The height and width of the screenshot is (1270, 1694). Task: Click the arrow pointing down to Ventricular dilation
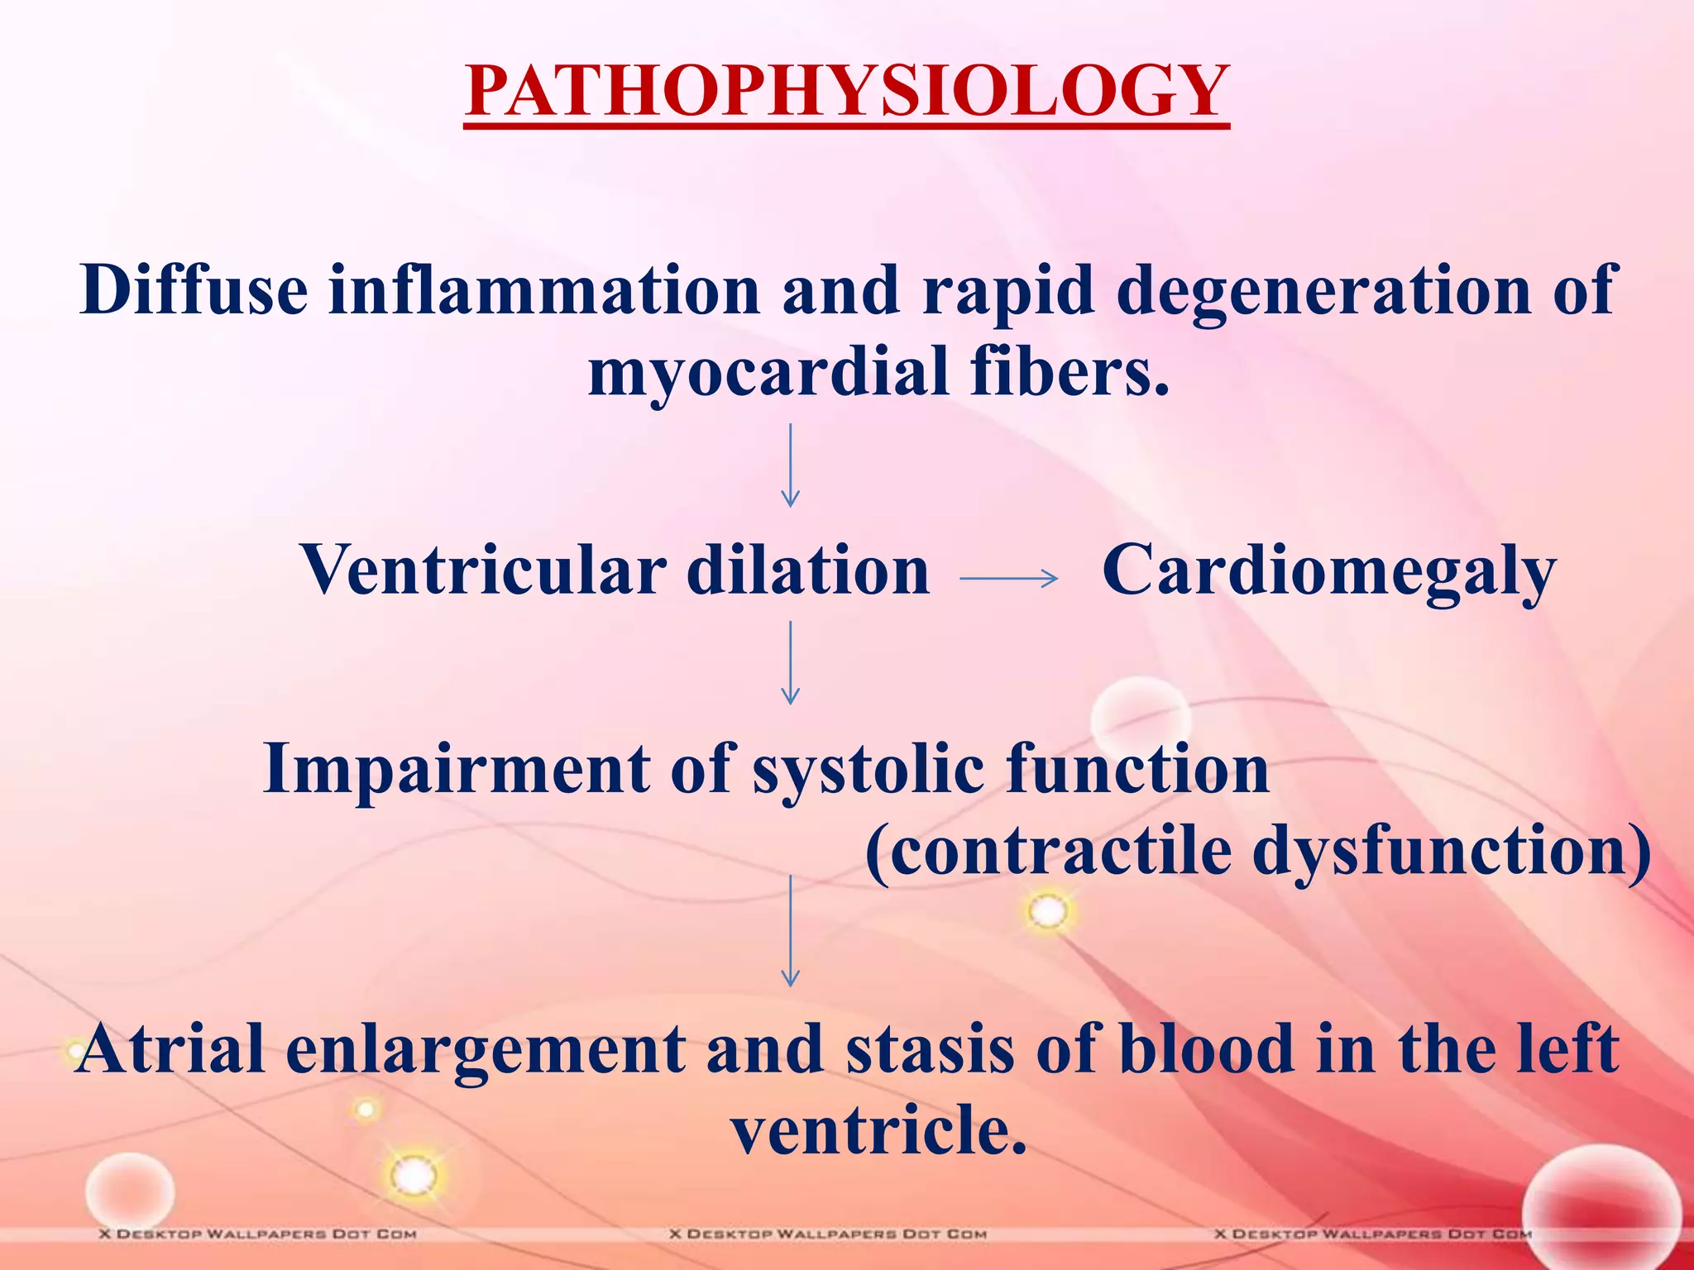point(790,466)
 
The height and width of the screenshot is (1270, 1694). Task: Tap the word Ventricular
point(483,570)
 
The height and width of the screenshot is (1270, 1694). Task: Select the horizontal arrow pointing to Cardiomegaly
point(1008,578)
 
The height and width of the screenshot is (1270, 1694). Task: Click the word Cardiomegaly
point(1328,571)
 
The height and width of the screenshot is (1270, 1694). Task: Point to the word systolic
point(868,770)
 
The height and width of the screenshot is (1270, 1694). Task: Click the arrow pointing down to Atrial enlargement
point(790,931)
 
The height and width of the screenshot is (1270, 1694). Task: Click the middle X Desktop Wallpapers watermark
point(828,1234)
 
